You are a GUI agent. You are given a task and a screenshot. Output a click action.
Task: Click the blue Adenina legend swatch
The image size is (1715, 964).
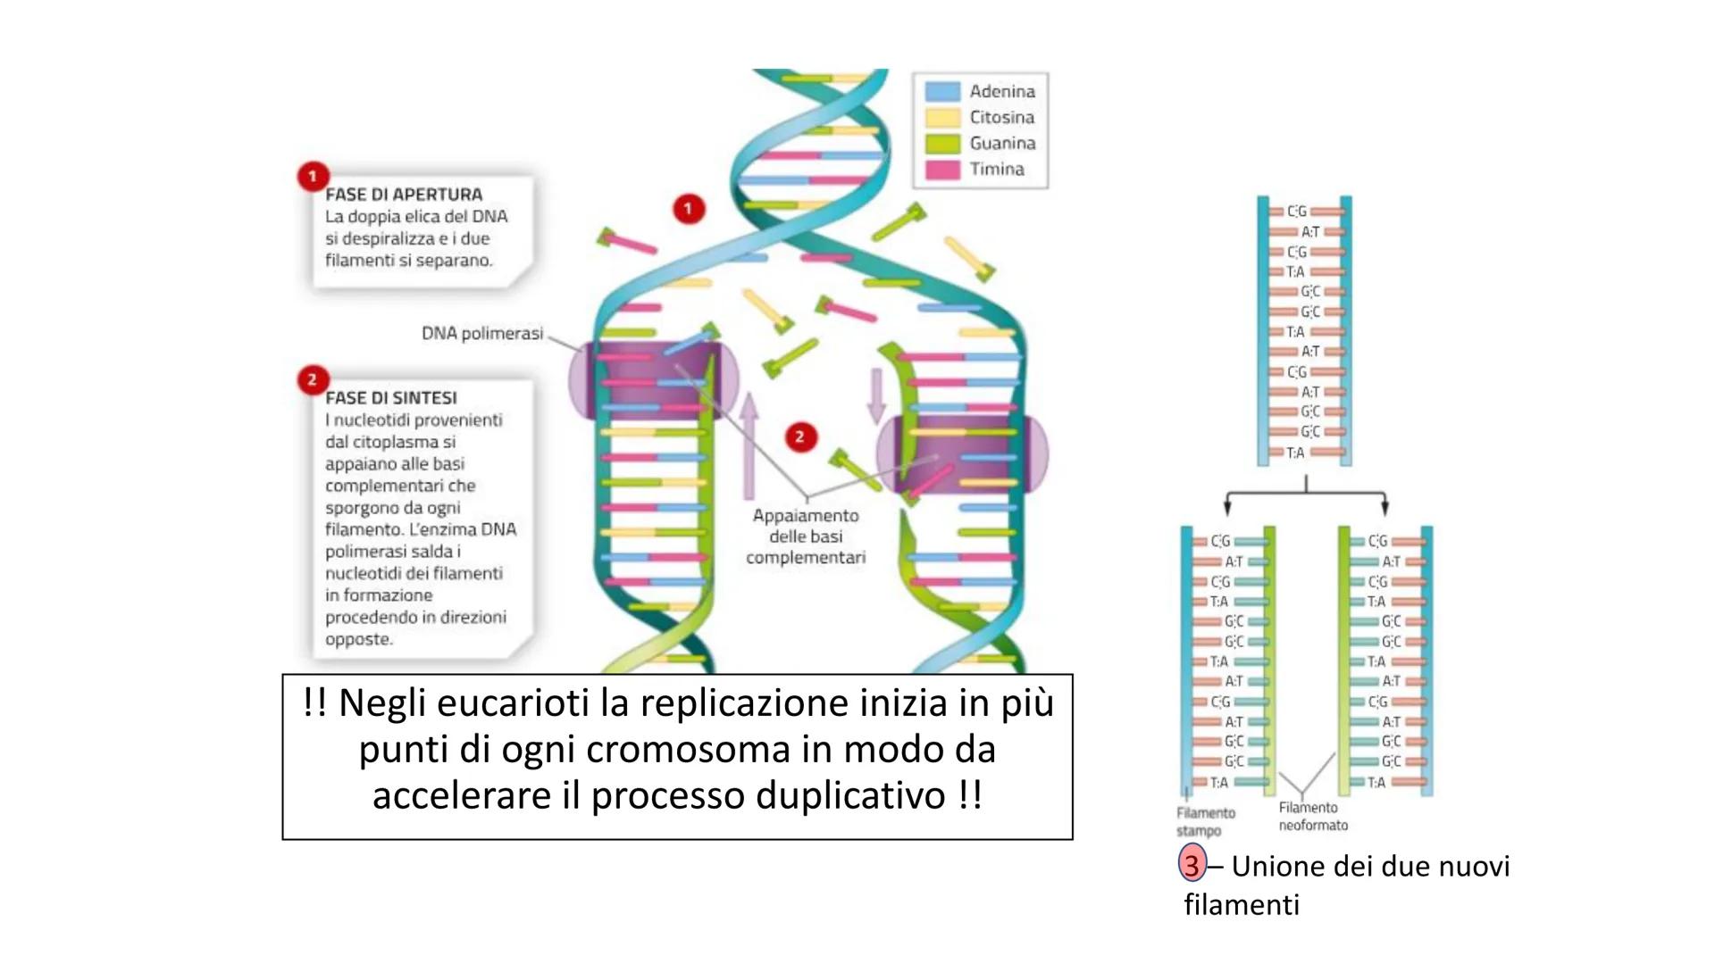(942, 91)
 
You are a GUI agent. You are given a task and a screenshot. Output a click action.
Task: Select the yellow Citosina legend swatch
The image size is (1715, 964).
(942, 117)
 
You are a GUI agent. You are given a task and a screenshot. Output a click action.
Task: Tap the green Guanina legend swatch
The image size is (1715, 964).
(942, 143)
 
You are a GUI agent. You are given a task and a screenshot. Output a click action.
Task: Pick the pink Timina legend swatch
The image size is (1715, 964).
(942, 169)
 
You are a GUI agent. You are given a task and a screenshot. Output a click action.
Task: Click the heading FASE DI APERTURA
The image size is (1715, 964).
(404, 195)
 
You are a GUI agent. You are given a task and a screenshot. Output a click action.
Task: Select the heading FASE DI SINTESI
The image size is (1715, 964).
(391, 398)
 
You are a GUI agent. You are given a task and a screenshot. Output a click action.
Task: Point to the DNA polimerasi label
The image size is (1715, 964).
(482, 334)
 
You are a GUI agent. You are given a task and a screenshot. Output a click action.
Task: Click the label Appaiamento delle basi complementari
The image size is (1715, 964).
(806, 536)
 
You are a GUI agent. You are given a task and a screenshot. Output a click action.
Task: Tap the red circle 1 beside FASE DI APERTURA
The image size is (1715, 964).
(313, 176)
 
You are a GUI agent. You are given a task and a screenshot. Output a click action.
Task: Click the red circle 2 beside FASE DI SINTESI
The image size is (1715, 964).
(313, 380)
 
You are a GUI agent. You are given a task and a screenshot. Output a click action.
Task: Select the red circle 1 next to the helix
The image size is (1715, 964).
(688, 209)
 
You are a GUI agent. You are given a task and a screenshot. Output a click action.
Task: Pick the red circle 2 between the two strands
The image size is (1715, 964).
(799, 437)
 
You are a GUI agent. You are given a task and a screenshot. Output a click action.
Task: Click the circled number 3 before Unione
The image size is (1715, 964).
(1192, 866)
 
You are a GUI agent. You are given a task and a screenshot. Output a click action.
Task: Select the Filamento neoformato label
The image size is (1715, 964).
(1313, 817)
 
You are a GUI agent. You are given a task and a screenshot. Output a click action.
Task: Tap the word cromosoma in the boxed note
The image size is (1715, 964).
(688, 750)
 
